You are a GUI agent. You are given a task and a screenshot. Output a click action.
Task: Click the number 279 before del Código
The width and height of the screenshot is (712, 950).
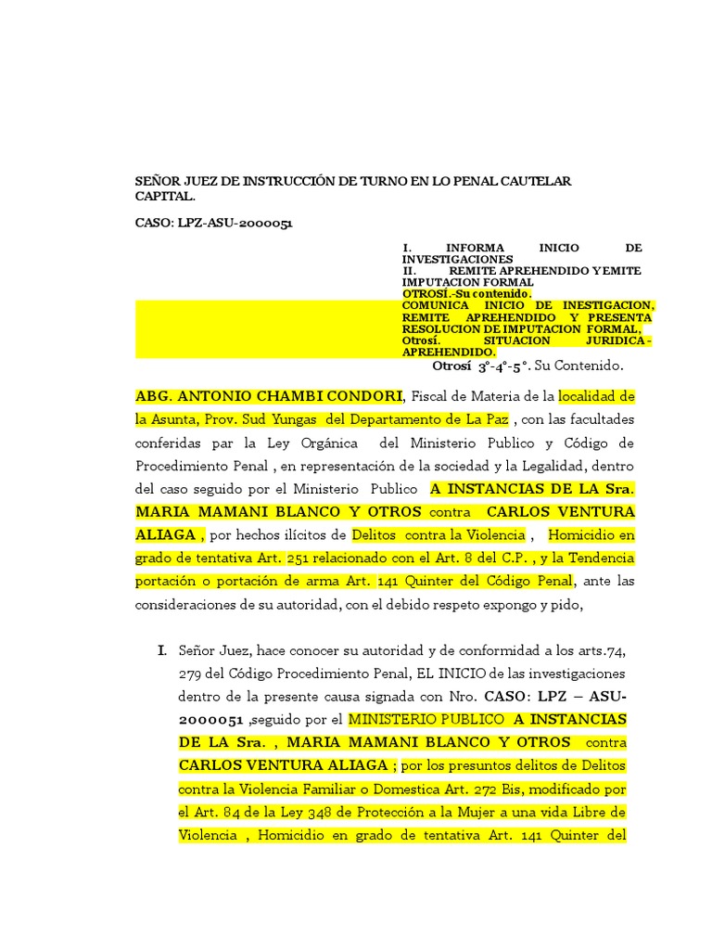(192, 673)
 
